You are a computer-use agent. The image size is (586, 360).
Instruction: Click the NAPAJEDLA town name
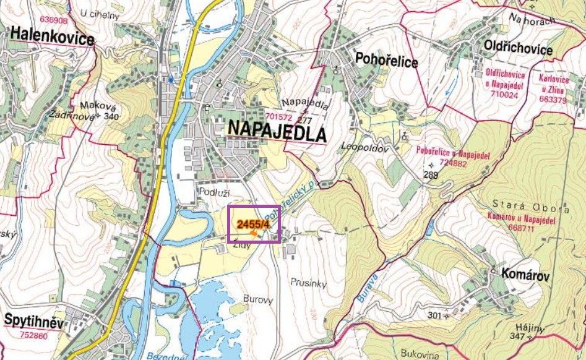(x=277, y=131)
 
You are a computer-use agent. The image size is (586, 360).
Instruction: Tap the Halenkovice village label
(x=51, y=39)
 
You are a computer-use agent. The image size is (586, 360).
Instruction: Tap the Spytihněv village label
(x=34, y=320)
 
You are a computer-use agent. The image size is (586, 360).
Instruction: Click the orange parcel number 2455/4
(x=253, y=224)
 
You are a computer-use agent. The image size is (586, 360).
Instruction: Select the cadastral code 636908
(x=53, y=20)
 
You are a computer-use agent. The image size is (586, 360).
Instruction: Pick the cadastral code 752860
(x=33, y=335)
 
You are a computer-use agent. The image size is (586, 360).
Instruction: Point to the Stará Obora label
(x=524, y=204)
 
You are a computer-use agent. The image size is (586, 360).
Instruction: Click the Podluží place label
(x=209, y=192)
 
